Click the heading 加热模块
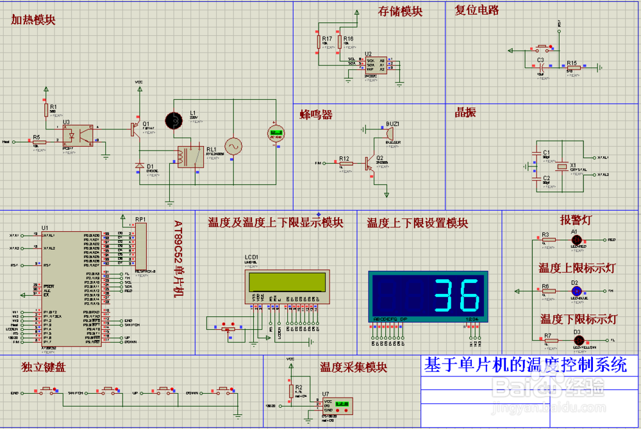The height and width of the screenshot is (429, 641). click(x=33, y=20)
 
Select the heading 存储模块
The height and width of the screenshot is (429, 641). click(x=400, y=12)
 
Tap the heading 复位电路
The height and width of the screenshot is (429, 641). click(x=477, y=10)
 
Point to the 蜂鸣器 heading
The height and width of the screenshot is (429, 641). click(x=317, y=115)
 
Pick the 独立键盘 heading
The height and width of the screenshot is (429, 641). click(x=44, y=368)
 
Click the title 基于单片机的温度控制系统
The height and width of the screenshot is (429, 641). click(x=525, y=365)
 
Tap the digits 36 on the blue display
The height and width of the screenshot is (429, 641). click(x=457, y=295)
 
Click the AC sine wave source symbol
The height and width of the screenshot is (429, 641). click(x=232, y=147)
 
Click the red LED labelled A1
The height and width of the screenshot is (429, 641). click(x=575, y=239)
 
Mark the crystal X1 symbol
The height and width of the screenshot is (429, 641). click(x=562, y=166)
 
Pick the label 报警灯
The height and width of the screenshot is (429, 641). click(x=576, y=220)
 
